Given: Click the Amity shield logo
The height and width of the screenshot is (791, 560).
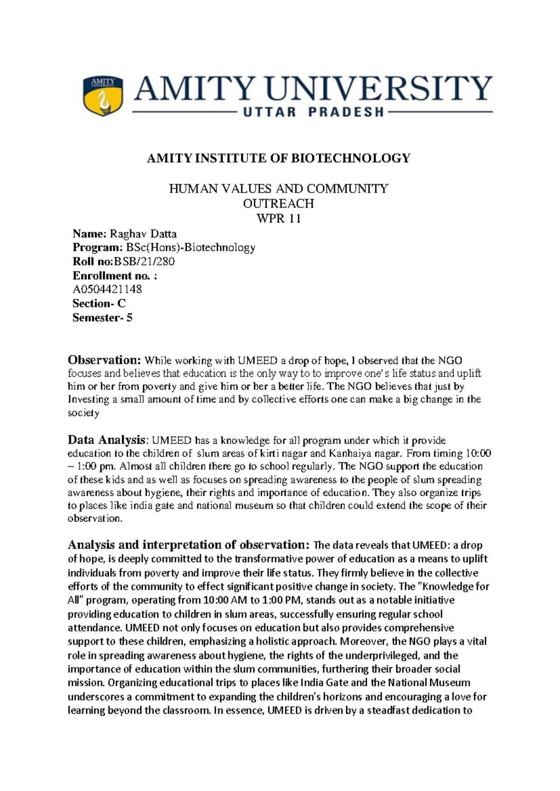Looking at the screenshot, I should point(103,96).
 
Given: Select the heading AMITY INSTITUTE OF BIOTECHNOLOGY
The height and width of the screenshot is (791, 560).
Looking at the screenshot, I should point(279,159).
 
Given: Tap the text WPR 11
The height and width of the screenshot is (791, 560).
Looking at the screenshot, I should point(279,218).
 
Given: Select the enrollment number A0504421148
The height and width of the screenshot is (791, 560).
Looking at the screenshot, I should point(107,289).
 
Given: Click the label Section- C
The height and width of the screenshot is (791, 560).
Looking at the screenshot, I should point(99,304).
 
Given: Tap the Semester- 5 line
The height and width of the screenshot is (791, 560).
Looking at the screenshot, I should point(103,318).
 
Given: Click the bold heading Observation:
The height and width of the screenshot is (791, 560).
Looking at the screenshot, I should point(104,360).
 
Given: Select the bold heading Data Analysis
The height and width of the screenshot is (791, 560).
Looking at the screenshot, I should point(107,440).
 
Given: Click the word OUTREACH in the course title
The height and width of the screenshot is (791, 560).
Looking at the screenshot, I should point(279,203).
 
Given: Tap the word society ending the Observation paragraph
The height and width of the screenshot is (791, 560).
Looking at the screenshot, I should point(84,413).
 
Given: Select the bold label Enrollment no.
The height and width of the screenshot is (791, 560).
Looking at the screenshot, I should point(112,276).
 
